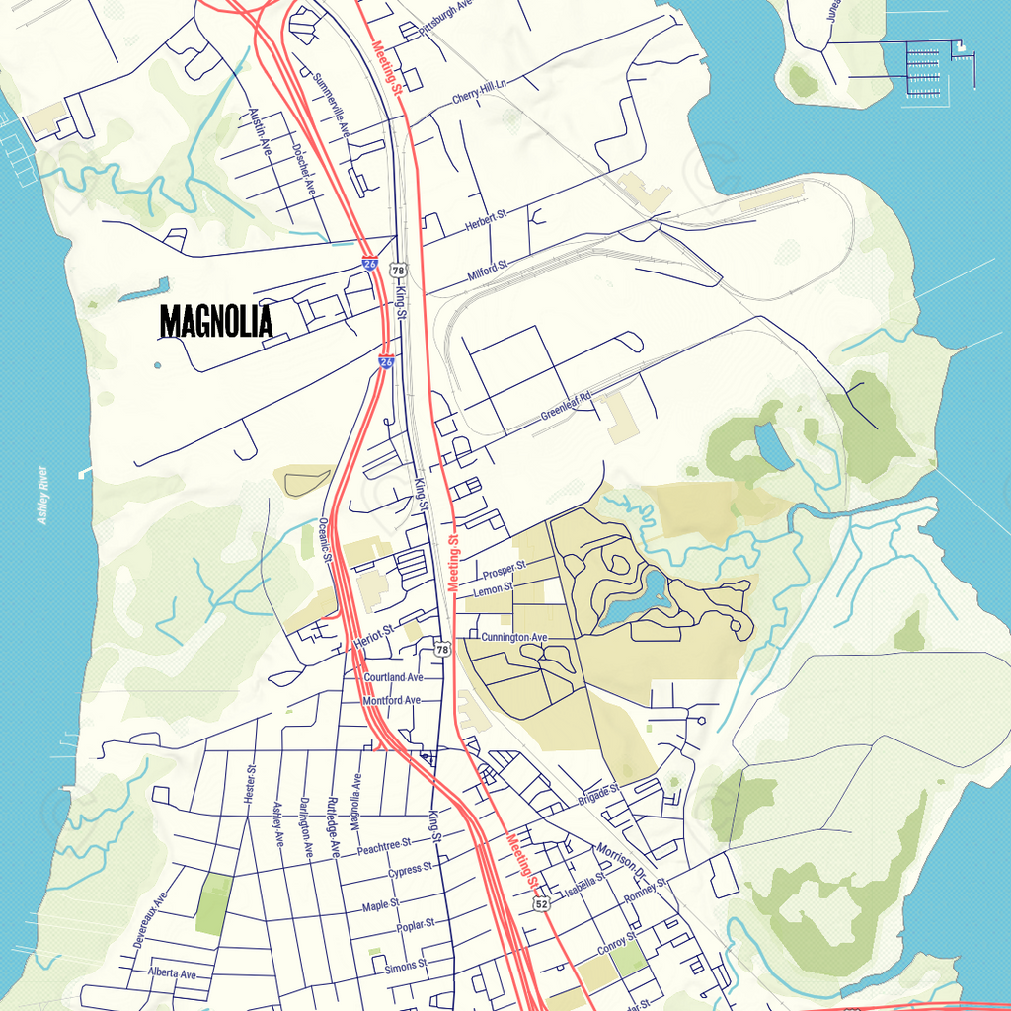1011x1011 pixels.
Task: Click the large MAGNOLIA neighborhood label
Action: [215, 321]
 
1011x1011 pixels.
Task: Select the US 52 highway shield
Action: [541, 903]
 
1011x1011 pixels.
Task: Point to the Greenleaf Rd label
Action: [566, 407]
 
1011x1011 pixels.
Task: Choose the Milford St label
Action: [488, 270]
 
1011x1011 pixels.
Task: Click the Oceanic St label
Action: [324, 539]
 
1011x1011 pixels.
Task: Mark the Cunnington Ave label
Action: [513, 638]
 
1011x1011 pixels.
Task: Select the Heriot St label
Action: [374, 637]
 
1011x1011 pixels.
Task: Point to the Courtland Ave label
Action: [393, 678]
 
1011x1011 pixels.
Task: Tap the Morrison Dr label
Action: [619, 862]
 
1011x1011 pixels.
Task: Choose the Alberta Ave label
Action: [173, 973]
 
